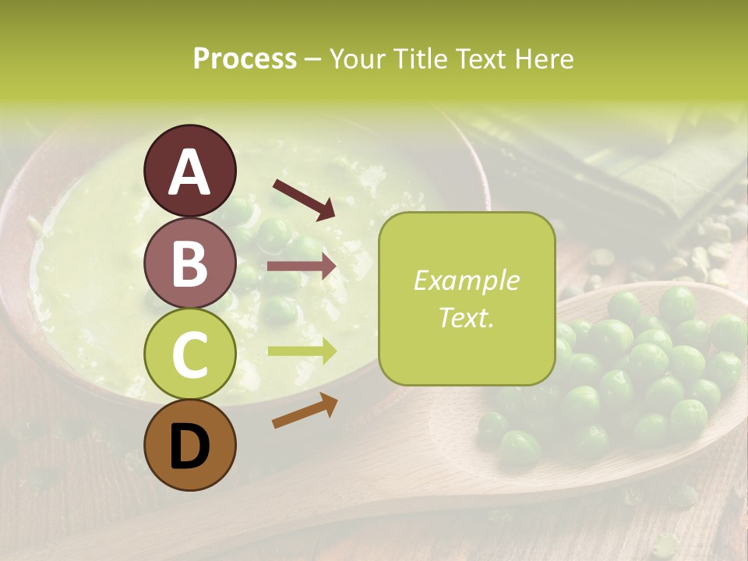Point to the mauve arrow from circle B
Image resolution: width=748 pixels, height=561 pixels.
point(302,266)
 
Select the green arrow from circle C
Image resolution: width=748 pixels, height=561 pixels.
point(302,351)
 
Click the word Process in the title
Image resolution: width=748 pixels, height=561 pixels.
point(245,59)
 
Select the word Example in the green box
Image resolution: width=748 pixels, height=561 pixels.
point(466,280)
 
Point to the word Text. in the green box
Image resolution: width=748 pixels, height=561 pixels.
point(466,318)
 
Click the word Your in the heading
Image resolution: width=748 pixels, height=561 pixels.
point(357,59)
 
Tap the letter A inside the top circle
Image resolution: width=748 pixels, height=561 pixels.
point(189,171)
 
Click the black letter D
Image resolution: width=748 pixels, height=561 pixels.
point(189,446)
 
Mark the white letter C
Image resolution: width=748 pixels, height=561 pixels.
point(189,355)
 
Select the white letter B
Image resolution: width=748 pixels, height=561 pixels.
point(189,263)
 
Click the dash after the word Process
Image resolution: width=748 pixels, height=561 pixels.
point(312,59)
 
